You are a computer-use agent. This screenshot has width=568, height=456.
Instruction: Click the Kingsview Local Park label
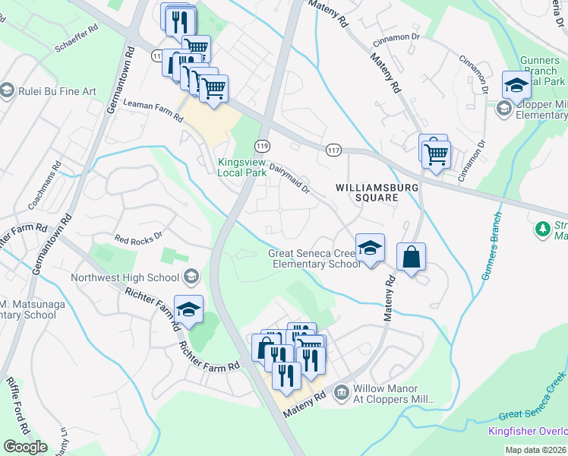pyautogui.click(x=242, y=167)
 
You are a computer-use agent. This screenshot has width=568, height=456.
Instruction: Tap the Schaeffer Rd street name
pyautogui.click(x=76, y=42)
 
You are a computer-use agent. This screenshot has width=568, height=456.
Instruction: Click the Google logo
pyautogui.click(x=25, y=447)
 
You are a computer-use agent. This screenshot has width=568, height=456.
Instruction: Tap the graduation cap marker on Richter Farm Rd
pyautogui.click(x=188, y=310)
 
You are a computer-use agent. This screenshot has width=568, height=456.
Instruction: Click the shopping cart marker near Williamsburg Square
pyautogui.click(x=436, y=154)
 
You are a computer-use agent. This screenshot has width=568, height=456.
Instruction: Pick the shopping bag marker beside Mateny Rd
pyautogui.click(x=411, y=257)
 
